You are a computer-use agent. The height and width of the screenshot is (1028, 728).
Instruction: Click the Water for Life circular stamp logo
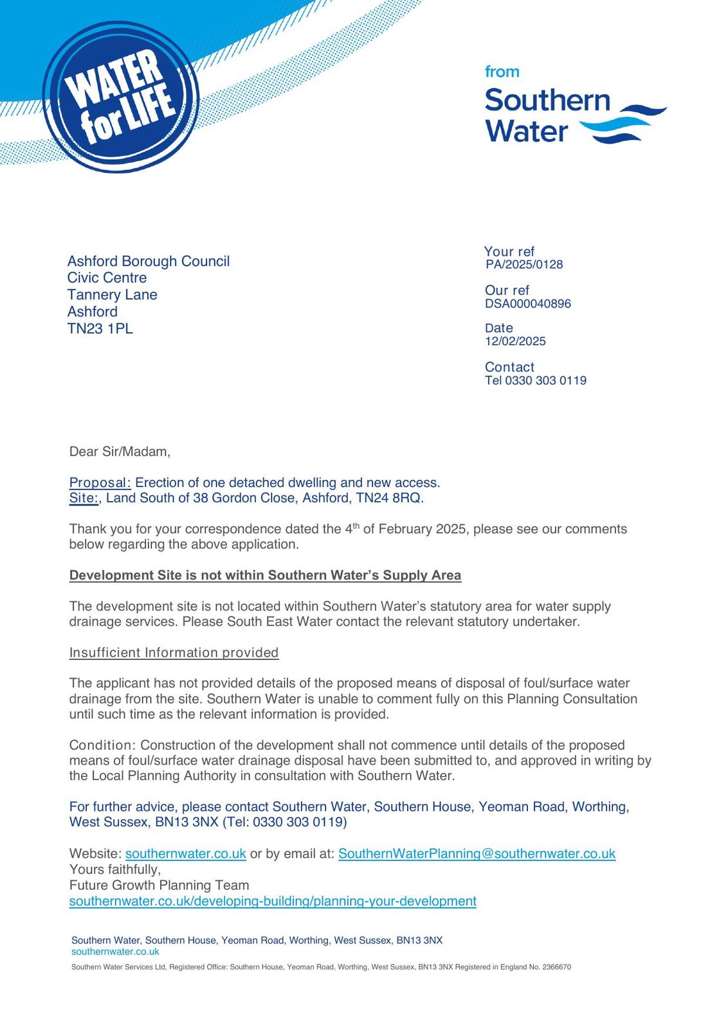click(121, 98)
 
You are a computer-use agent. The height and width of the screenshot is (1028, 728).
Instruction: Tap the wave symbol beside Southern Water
click(623, 123)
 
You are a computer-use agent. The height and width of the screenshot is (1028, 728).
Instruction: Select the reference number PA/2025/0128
click(524, 264)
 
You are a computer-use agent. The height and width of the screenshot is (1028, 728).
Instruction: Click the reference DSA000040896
click(527, 303)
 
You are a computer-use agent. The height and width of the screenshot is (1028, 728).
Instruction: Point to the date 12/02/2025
click(515, 341)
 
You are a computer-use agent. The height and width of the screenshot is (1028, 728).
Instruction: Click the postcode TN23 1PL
click(100, 328)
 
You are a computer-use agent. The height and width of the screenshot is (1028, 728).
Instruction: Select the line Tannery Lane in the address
click(112, 294)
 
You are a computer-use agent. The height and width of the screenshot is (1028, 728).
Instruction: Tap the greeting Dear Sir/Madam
click(120, 451)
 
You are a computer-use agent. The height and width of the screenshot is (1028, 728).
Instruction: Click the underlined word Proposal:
click(100, 483)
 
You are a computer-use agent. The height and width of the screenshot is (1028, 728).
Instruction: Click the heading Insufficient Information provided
click(174, 652)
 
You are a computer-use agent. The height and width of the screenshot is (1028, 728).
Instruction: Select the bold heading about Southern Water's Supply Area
click(265, 575)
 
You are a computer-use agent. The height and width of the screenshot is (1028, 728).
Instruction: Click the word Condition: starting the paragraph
click(102, 745)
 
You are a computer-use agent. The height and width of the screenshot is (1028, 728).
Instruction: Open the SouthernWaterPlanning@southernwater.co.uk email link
click(477, 853)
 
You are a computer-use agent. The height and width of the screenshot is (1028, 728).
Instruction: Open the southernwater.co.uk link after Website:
click(185, 853)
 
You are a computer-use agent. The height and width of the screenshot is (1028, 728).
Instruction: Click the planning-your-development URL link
click(273, 901)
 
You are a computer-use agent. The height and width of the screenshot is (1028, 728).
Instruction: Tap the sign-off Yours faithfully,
click(115, 869)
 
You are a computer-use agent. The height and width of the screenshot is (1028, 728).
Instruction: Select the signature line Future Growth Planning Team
click(159, 885)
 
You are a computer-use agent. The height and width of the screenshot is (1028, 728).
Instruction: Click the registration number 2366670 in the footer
click(556, 967)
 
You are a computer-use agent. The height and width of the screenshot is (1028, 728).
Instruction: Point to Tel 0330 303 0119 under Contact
click(535, 380)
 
